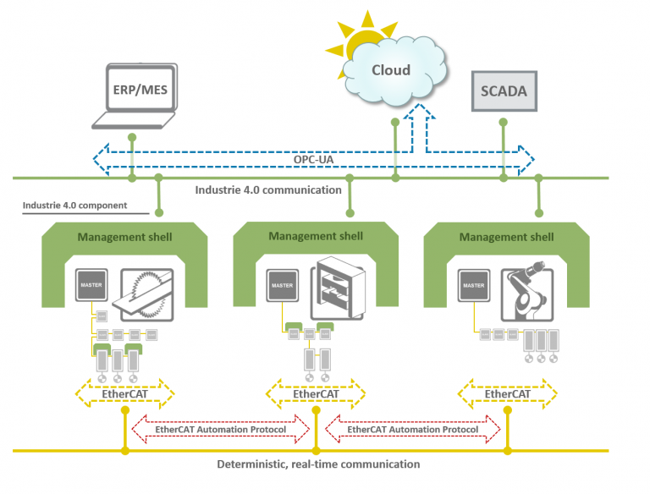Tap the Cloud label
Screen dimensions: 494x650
392,70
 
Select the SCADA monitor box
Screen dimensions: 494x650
504,90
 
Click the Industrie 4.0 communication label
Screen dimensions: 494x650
268,189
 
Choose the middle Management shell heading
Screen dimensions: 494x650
316,236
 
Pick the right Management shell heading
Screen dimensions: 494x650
507,237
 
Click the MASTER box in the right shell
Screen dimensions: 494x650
473,286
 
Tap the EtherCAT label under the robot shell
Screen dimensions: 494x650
508,393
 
